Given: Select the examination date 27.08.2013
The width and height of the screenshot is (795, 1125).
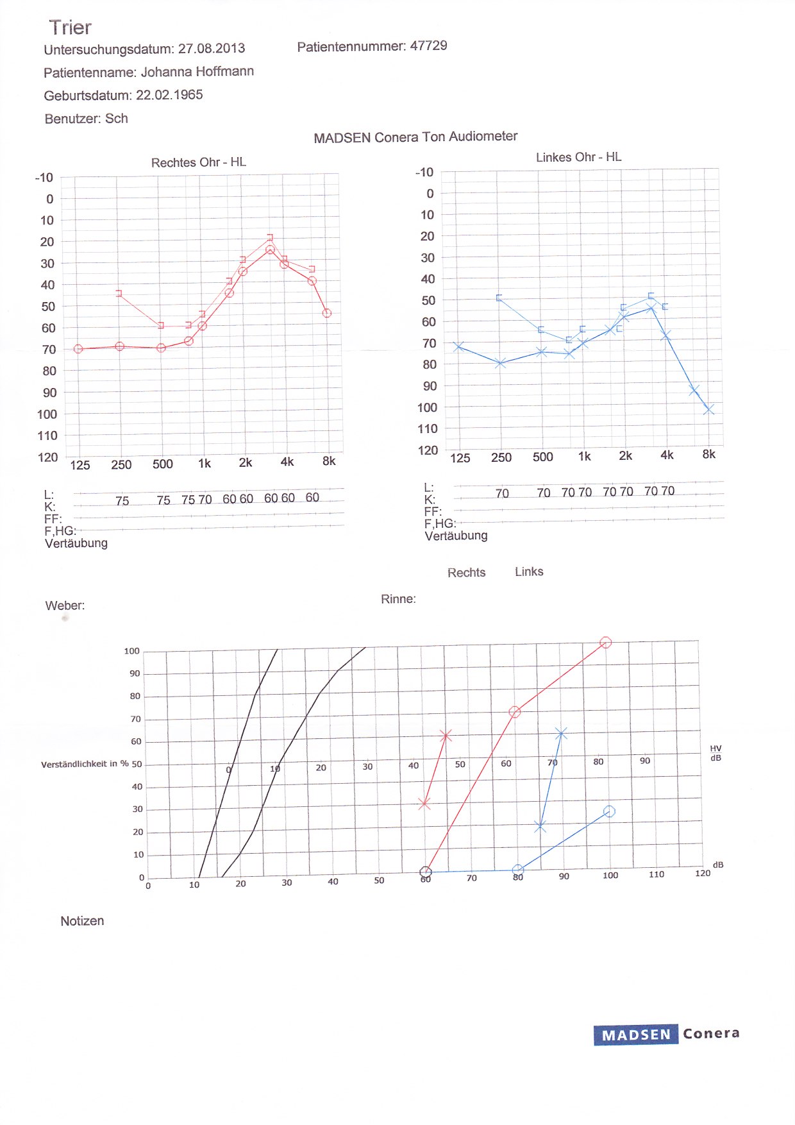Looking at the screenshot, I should click(x=212, y=49).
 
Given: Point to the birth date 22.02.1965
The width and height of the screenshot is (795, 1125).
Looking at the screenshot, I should click(x=169, y=96).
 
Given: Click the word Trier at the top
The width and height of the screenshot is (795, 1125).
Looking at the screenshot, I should click(x=70, y=28).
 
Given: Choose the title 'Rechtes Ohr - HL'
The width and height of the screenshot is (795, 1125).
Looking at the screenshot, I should click(x=199, y=162).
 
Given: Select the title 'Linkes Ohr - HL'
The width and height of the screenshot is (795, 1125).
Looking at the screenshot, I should click(x=578, y=157).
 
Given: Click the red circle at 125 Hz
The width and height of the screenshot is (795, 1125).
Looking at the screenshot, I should click(x=78, y=349).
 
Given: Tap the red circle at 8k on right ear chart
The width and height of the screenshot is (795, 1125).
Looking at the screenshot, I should click(x=327, y=313).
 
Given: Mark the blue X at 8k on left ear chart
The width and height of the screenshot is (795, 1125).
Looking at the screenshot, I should click(x=708, y=409).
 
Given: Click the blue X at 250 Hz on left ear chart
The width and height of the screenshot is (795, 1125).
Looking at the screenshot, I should click(x=501, y=363).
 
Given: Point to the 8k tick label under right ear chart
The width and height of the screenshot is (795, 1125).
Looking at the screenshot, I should click(x=329, y=461).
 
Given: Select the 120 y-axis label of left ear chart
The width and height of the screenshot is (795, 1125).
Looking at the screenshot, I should click(x=428, y=450).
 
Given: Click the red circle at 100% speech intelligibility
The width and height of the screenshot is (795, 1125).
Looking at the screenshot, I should click(x=605, y=643).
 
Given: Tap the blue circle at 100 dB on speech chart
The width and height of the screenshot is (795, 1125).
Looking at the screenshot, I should click(x=609, y=812).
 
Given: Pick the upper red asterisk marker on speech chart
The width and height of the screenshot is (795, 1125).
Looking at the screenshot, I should click(x=446, y=736).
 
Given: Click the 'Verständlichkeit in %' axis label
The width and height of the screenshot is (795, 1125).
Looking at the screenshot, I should click(x=85, y=764).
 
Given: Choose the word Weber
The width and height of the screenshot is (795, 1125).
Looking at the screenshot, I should click(x=65, y=605).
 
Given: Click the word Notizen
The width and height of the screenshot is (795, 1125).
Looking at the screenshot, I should click(x=82, y=921).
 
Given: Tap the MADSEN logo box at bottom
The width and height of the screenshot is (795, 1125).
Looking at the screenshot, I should click(x=635, y=1035).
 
